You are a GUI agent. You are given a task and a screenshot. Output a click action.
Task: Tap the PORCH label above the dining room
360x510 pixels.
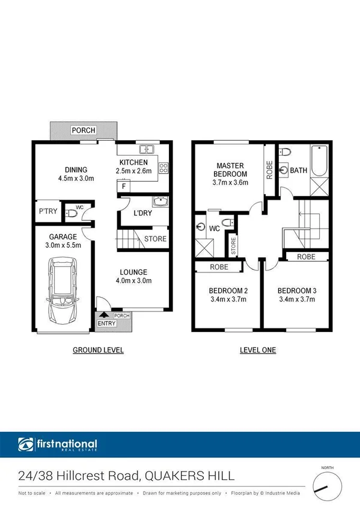(82, 130)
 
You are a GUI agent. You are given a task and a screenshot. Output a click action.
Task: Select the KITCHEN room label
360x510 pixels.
(133, 163)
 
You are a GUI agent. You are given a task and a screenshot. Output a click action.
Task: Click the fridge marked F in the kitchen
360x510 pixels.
(123, 186)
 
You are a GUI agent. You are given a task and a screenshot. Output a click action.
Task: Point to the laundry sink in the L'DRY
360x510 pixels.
(159, 201)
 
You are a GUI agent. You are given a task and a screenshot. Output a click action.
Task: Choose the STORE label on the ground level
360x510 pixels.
(155, 239)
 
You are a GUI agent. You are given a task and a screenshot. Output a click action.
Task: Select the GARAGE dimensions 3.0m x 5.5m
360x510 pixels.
(63, 245)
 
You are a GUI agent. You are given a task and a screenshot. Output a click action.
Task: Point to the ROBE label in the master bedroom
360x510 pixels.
(269, 171)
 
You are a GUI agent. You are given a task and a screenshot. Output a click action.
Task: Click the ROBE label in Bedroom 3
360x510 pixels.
(306, 257)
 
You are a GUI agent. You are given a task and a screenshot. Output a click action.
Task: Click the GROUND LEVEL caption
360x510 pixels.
(98, 350)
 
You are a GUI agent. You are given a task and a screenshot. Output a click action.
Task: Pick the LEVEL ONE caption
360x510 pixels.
(258, 350)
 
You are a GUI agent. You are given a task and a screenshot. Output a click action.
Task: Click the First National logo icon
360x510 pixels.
(26, 445)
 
